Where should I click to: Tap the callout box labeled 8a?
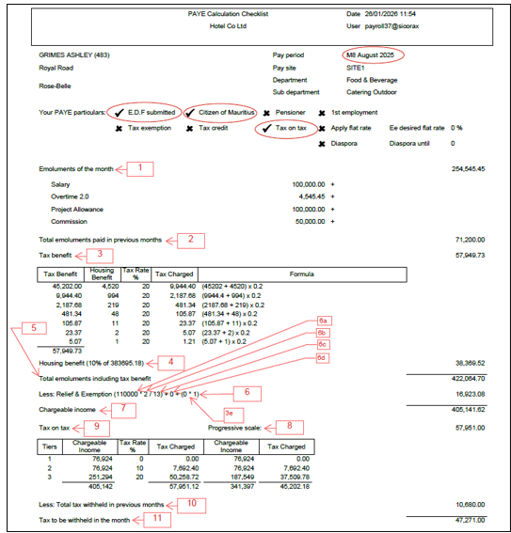pyautogui.click(x=323, y=321)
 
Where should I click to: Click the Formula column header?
pyautogui.click(x=302, y=274)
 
